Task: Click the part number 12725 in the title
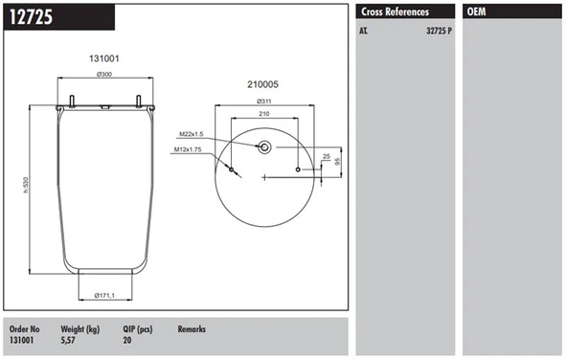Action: coord(31,17)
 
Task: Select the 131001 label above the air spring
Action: coord(104,58)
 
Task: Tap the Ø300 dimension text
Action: coord(104,74)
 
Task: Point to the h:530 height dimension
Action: coord(26,185)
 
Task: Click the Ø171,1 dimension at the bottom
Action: coord(104,295)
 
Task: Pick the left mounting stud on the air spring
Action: coord(72,101)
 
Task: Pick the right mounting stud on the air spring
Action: coord(138,101)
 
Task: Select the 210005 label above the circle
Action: coord(262,84)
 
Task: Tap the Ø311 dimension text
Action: coord(264,101)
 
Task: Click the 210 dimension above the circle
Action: coord(264,114)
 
